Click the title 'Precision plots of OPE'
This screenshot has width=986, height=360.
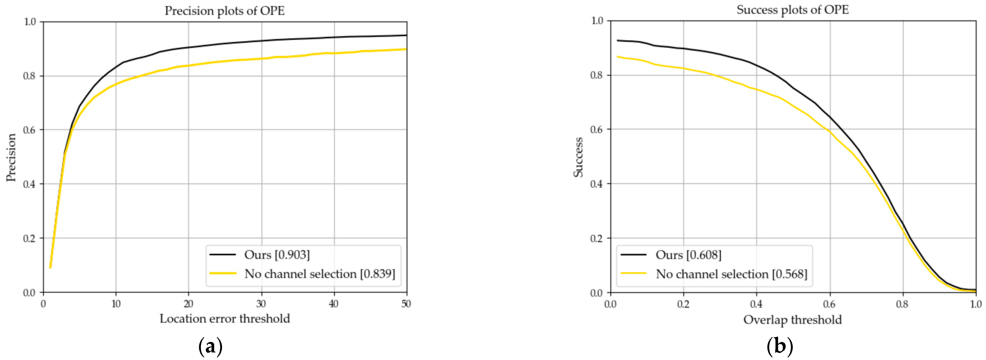click(x=225, y=11)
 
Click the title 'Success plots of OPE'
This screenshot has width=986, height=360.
click(x=792, y=10)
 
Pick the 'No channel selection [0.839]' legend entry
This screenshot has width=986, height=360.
click(x=320, y=274)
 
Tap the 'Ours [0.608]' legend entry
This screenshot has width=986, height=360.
click(x=688, y=255)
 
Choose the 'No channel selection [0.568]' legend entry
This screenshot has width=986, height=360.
click(x=731, y=274)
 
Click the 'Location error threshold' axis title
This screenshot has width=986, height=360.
click(x=225, y=319)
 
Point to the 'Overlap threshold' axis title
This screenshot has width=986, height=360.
click(x=792, y=320)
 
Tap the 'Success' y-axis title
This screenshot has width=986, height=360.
click(x=578, y=157)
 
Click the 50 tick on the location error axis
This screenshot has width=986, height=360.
click(x=406, y=304)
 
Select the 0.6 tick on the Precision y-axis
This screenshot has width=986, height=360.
click(x=30, y=130)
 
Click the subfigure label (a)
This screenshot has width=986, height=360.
click(x=211, y=347)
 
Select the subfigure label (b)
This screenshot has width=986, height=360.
click(x=780, y=347)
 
